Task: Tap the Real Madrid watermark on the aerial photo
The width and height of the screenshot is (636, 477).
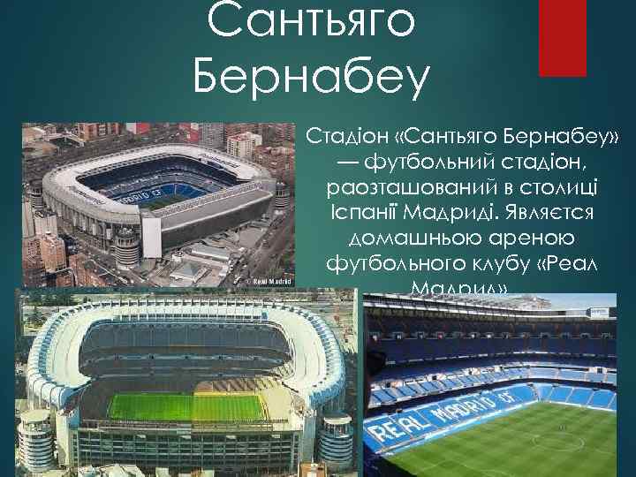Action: pos(268,281)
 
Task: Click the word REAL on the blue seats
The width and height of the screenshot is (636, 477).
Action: pos(392,432)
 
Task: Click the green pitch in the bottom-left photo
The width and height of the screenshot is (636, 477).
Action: pos(185,407)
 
